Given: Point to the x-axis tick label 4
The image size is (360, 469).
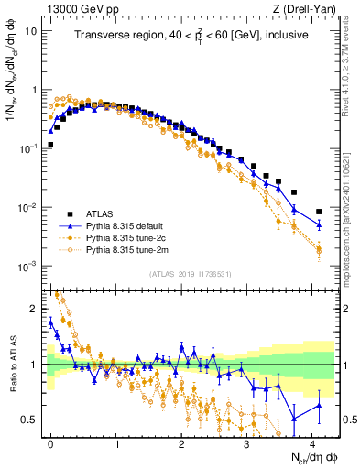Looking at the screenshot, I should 314,442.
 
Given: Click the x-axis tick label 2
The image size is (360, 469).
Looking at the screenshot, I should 182,442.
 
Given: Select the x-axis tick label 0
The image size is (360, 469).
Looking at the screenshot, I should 50,442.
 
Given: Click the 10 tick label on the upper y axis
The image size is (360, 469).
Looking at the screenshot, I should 32,31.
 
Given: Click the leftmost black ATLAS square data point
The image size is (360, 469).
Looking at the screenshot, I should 50,145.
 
